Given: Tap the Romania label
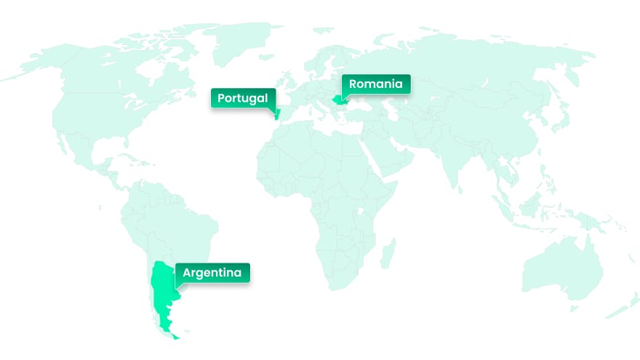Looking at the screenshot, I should point(375,84).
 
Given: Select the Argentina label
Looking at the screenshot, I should point(212,273).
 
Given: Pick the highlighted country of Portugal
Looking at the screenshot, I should point(276,115).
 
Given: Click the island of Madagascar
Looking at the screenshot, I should point(389,252).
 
